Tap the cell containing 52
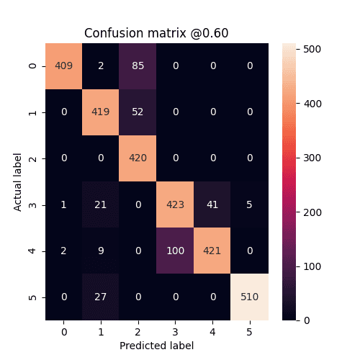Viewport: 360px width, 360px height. click(x=138, y=112)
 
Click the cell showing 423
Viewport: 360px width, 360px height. click(x=175, y=204)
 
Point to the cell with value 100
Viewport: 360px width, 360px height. click(x=175, y=251)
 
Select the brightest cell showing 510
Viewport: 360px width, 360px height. click(x=249, y=297)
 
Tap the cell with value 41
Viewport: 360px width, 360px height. click(x=212, y=204)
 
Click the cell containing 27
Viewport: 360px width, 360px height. click(x=101, y=297)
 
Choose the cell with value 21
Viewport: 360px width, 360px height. click(x=101, y=204)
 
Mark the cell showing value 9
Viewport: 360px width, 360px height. click(x=101, y=251)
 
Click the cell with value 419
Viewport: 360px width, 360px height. click(x=101, y=112)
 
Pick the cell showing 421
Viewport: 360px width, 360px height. click(x=212, y=251)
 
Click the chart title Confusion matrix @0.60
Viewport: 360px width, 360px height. click(x=156, y=33)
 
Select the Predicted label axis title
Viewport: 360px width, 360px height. click(x=156, y=345)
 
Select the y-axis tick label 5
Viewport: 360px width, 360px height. click(x=32, y=297)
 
